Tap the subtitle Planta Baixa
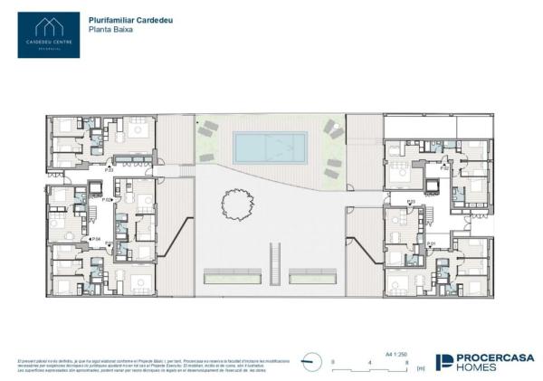click(x=110, y=29)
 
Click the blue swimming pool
click(x=269, y=145)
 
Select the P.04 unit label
click(x=95, y=239)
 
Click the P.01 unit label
click(x=432, y=243)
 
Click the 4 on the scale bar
click(x=370, y=362)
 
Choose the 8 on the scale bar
click(x=408, y=362)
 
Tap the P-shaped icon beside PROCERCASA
click(x=444, y=362)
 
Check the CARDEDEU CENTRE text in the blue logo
click(x=50, y=42)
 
